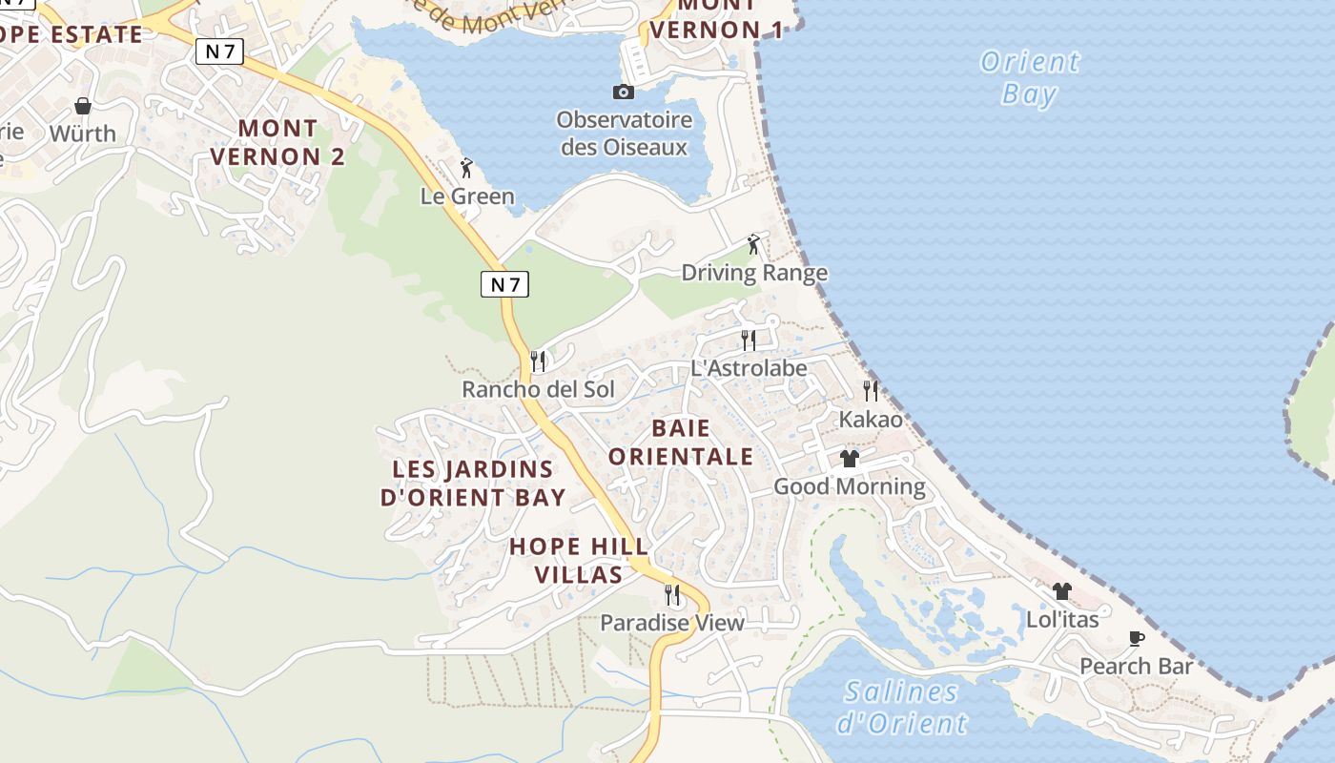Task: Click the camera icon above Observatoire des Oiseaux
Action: click(623, 92)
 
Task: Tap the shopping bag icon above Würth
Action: click(83, 105)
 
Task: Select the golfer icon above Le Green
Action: click(466, 169)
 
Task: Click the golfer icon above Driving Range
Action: click(753, 245)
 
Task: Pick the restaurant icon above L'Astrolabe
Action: click(749, 340)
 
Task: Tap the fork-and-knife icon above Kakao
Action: click(871, 390)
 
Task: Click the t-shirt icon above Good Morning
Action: click(850, 459)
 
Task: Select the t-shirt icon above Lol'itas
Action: click(1062, 591)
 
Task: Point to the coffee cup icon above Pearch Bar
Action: click(1136, 638)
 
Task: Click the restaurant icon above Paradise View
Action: click(672, 595)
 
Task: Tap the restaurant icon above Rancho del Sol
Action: click(538, 361)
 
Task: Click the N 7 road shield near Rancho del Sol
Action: click(504, 283)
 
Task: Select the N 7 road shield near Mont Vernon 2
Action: click(219, 52)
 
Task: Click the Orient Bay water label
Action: click(1030, 78)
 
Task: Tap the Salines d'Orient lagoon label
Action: click(902, 708)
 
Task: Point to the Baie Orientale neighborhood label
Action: click(681, 442)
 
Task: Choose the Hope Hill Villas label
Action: click(579, 561)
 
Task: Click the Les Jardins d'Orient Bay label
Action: click(473, 484)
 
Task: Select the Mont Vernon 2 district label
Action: click(277, 142)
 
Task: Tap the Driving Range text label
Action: click(754, 274)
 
